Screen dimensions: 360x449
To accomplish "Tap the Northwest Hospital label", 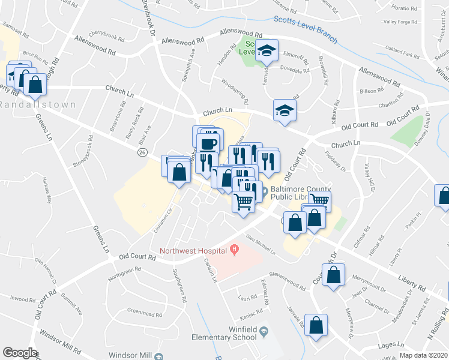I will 192,250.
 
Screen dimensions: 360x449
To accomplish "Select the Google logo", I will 20,353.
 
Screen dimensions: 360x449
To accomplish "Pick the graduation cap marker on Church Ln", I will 285,110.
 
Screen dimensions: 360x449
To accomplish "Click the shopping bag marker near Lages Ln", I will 315,326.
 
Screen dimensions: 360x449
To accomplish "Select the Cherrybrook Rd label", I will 106,38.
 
